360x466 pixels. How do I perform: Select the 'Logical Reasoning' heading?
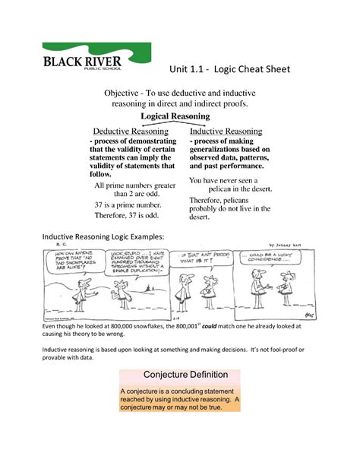180,116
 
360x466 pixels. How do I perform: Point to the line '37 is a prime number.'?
127,204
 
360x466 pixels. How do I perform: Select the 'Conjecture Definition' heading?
180,376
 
